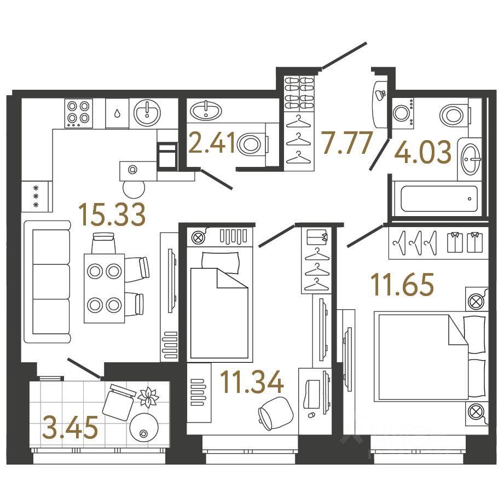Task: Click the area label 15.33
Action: click(112, 214)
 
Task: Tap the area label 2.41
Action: click(212, 143)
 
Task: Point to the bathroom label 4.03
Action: click(422, 153)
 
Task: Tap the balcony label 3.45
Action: click(69, 427)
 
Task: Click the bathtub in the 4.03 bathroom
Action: click(438, 199)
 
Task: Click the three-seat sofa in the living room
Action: click(48, 282)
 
